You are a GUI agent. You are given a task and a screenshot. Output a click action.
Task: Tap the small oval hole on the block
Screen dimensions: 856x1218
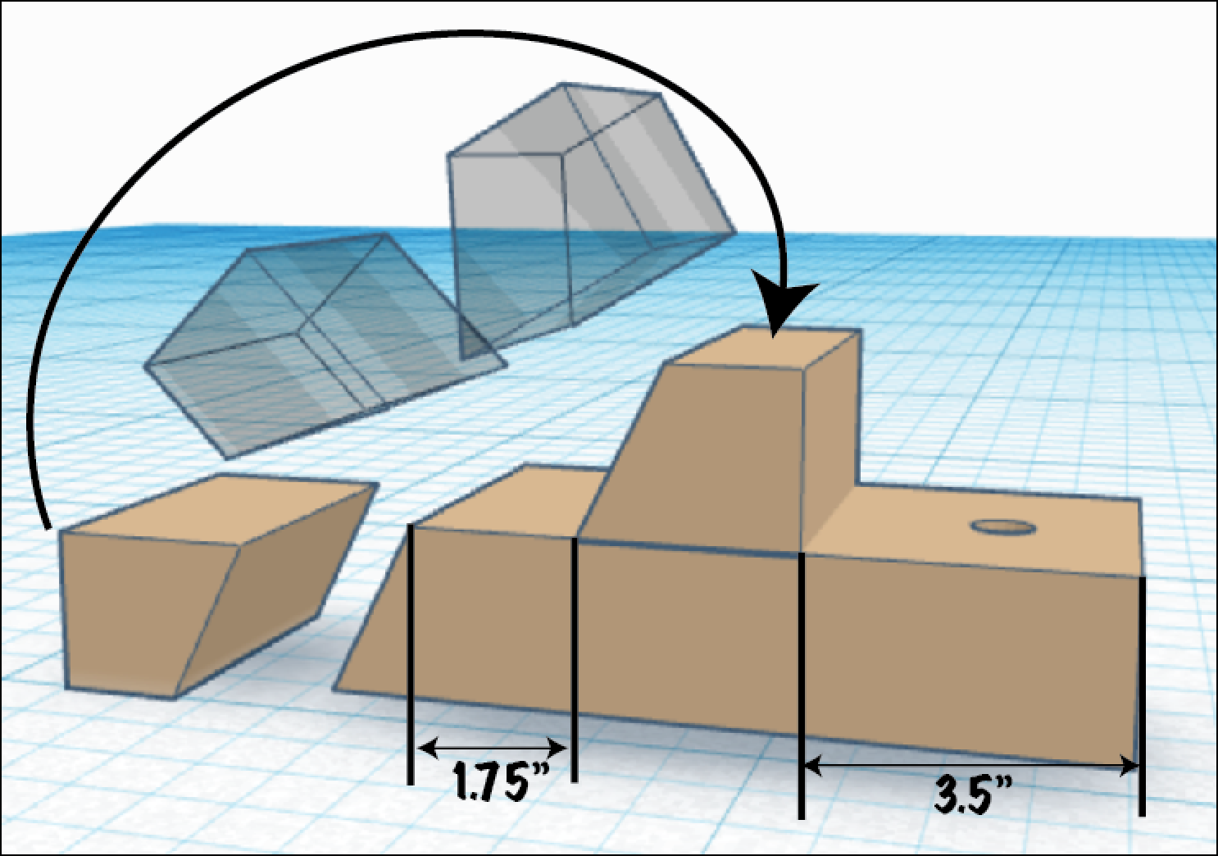1002,527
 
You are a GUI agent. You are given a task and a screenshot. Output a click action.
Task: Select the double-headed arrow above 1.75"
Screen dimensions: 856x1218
492,748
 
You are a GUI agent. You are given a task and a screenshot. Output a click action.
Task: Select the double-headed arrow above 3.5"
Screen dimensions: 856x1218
971,767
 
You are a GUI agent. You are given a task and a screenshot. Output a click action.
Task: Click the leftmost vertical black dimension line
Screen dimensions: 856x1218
411,656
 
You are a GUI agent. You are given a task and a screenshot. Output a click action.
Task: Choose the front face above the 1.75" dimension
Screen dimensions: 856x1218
492,623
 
